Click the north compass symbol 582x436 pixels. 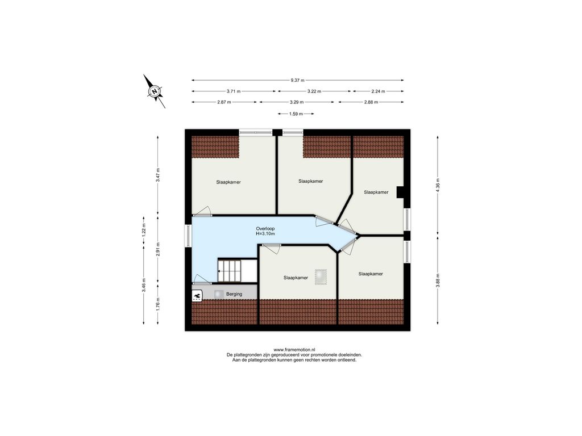point(155,91)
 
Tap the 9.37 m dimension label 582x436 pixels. point(297,80)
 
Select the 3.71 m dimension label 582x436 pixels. point(234,91)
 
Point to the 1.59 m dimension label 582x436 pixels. point(296,114)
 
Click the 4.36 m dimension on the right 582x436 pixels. point(438,185)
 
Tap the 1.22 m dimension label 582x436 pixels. point(144,230)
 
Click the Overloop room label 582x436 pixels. point(265,229)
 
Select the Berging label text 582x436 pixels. point(234,294)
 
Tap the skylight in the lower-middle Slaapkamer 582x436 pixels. point(321,277)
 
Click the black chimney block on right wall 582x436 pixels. point(400,192)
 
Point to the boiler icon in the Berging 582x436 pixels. point(197,295)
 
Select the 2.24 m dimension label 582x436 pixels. point(378,91)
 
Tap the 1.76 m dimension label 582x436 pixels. point(158,304)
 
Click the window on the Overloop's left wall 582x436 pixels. point(188,236)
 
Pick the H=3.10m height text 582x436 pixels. point(265,233)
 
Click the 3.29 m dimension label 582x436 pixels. point(297,102)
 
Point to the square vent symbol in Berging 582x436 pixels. point(218,294)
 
